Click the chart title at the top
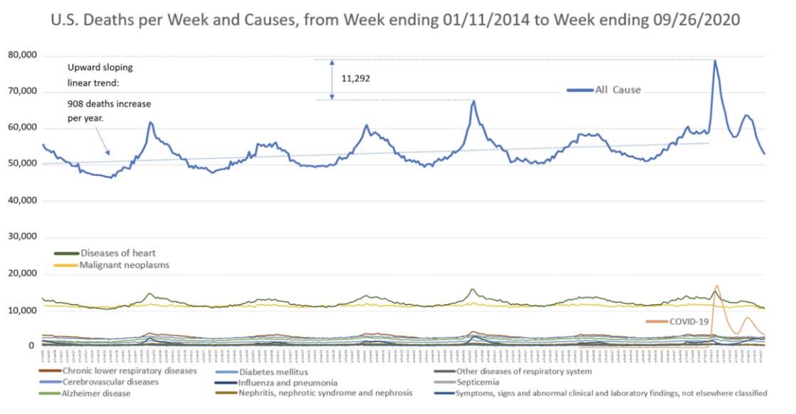395,20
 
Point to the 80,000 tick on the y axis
23,55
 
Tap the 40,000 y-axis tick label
23,201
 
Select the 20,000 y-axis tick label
23,274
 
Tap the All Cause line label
618,90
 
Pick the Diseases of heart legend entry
114,253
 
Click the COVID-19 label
688,321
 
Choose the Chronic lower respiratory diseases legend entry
129,371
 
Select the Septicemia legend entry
478,382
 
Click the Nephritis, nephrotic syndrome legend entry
325,393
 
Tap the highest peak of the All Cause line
715,60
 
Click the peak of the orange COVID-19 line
716,286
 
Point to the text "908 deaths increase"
108,104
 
